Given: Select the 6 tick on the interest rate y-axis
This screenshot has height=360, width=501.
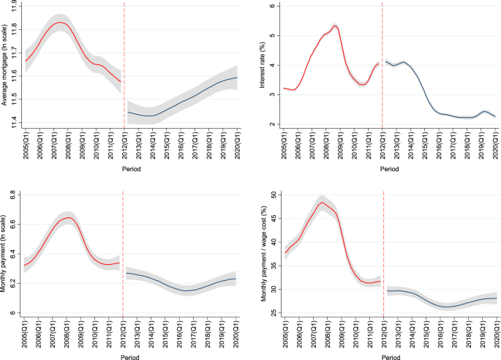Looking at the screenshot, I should (271, 6).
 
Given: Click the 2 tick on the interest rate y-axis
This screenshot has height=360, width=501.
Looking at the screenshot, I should (271, 124).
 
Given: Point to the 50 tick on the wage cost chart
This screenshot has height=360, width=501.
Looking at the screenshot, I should (271, 195).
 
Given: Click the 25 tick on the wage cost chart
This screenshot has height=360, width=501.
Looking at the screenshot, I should (271, 313).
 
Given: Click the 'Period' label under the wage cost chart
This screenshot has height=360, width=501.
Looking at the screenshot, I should (391, 355).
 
